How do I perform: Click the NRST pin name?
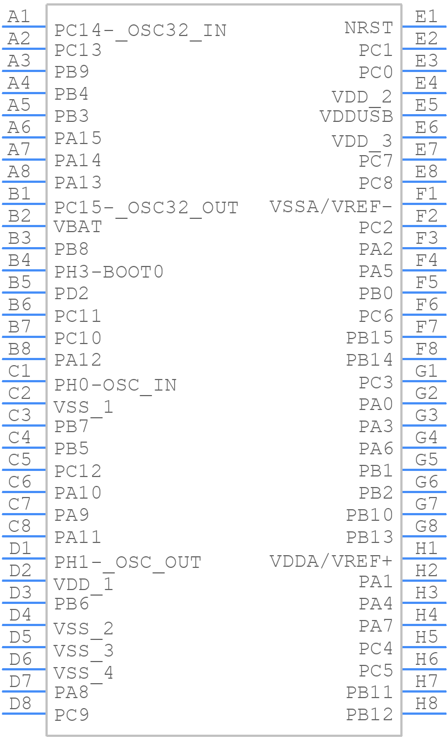tap(368, 28)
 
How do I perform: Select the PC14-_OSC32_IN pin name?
tap(140, 30)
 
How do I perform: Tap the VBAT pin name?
tap(78, 227)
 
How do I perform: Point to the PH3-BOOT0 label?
tap(109, 271)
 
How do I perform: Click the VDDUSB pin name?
tap(356, 116)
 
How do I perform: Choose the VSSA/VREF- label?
tap(331, 207)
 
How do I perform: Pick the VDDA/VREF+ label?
tap(331, 561)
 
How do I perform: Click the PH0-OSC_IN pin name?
tap(115, 385)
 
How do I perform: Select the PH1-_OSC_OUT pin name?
tap(128, 562)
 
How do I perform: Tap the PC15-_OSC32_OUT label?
tap(146, 208)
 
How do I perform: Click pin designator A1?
tap(19, 17)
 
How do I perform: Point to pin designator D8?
tap(21, 704)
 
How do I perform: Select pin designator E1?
tap(426, 17)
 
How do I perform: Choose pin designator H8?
tap(426, 704)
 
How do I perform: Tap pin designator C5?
tap(20, 460)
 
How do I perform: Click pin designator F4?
tap(426, 260)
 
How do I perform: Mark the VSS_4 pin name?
tap(83, 673)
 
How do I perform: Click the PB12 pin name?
tap(369, 715)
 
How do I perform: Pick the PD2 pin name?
tap(72, 293)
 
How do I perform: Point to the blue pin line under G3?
tap(424, 426)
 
